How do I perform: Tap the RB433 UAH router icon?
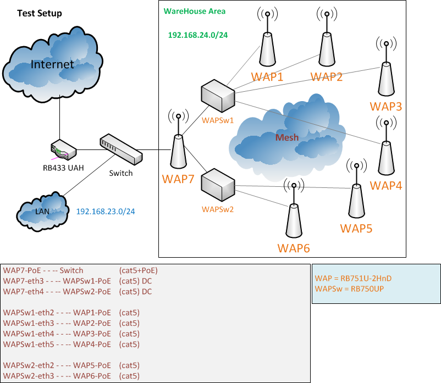point(63,150)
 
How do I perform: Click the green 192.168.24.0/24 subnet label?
point(198,34)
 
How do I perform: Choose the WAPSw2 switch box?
point(218,186)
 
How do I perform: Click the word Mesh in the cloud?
point(287,137)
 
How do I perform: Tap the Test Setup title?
point(40,13)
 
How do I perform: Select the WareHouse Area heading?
point(195,11)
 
